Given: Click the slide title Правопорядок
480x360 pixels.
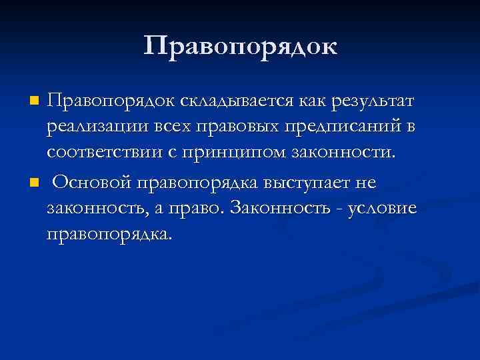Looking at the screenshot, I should click(x=240, y=47).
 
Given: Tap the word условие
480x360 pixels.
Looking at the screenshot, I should click(x=383, y=208).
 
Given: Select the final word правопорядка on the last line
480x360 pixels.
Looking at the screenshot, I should click(x=109, y=234).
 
